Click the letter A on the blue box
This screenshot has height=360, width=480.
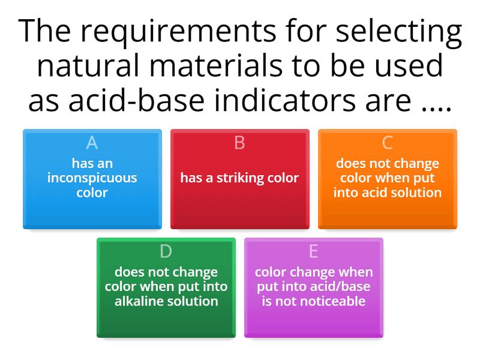coord(92,143)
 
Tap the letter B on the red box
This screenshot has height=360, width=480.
coord(239,143)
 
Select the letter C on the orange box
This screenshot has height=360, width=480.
coord(387,143)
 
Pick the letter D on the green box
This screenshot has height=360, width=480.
coord(166,251)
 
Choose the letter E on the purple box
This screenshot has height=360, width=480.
coord(313,251)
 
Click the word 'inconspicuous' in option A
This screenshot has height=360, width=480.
coord(92,178)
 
